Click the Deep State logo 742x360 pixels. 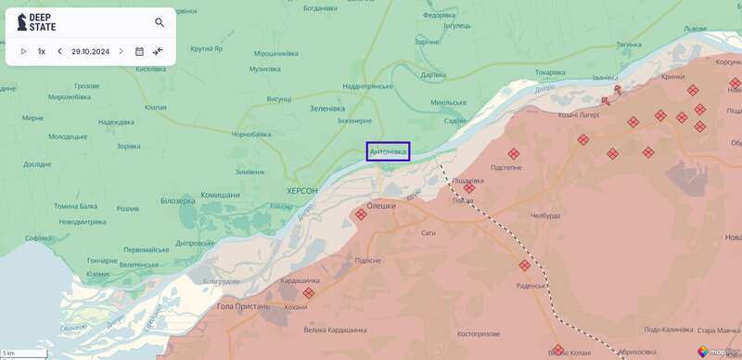click(36, 22)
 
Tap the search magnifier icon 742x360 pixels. click(160, 22)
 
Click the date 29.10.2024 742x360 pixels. click(90, 51)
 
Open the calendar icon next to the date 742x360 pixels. click(139, 51)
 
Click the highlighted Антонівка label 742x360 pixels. click(388, 151)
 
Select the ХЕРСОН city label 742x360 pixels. click(302, 190)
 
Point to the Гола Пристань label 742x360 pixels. click(242, 306)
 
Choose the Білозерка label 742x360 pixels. click(178, 200)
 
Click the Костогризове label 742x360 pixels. click(479, 334)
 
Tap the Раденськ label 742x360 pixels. click(531, 286)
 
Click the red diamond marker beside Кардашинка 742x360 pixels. click(309, 292)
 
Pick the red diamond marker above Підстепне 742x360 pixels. click(513, 154)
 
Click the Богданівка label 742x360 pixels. click(320, 8)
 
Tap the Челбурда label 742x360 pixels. click(545, 215)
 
